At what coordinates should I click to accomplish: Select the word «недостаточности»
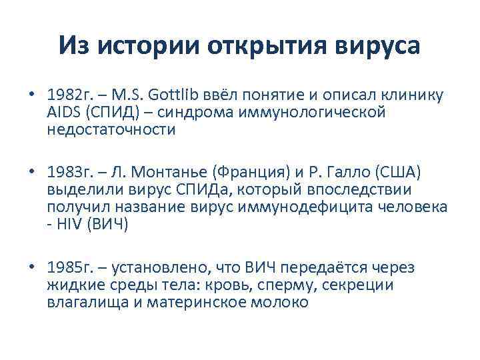[111, 129]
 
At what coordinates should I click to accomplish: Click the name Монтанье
[160, 173]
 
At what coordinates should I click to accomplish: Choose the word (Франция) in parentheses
[246, 173]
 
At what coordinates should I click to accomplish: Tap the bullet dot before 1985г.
[32, 268]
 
